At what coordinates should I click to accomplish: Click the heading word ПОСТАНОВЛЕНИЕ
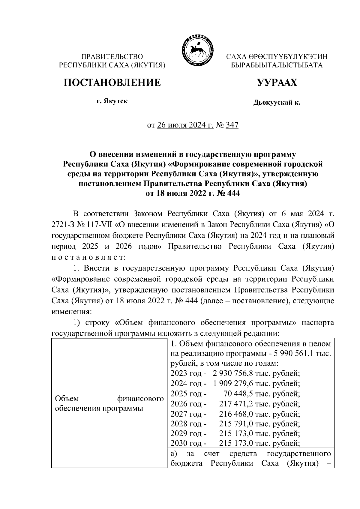coord(112,82)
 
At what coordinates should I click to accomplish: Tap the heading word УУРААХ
coord(277,82)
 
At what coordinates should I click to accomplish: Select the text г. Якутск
coord(112,101)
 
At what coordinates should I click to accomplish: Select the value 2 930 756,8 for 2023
coord(233,374)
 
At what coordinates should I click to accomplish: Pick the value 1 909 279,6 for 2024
coord(233,384)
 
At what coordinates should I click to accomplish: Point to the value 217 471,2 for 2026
coord(235,404)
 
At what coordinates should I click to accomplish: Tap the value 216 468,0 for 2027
coord(235,414)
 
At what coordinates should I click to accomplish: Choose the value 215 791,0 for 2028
coord(235,424)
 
